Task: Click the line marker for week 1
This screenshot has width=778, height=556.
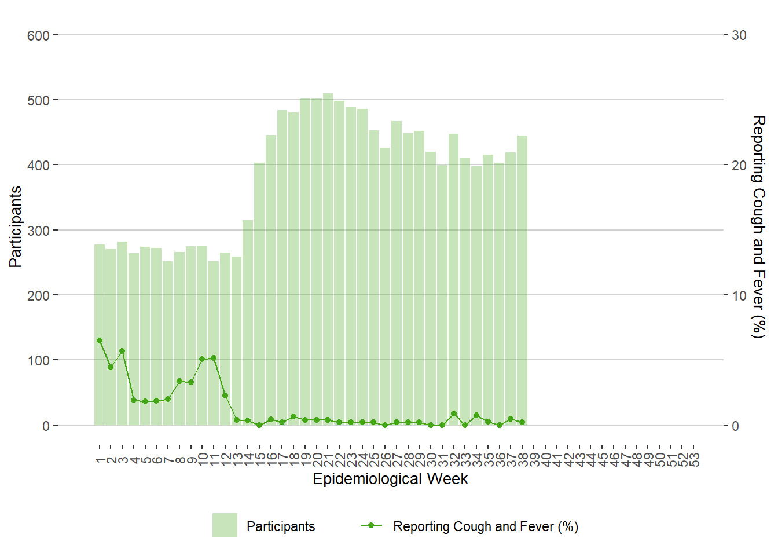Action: point(100,341)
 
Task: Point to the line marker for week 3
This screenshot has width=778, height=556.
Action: point(122,351)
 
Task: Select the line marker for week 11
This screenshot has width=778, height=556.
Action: point(214,358)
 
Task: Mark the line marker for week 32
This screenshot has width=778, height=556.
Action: point(454,414)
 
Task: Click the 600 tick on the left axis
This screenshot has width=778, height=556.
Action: point(38,35)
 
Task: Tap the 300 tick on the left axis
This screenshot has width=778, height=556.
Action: point(38,231)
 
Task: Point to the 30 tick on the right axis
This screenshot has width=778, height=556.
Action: point(739,35)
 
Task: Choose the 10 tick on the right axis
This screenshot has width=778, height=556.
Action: point(739,295)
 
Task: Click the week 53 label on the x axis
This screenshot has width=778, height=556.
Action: point(694,459)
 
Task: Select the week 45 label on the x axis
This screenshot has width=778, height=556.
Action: point(603,459)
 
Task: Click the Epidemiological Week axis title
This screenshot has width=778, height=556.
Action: point(390,479)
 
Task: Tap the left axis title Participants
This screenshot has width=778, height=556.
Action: point(16,226)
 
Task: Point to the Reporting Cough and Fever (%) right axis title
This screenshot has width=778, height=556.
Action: point(758,226)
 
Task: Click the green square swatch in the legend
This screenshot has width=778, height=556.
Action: point(225,525)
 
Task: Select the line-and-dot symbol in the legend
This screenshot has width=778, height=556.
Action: point(371,525)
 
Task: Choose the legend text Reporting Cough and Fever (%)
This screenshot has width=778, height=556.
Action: point(486,526)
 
